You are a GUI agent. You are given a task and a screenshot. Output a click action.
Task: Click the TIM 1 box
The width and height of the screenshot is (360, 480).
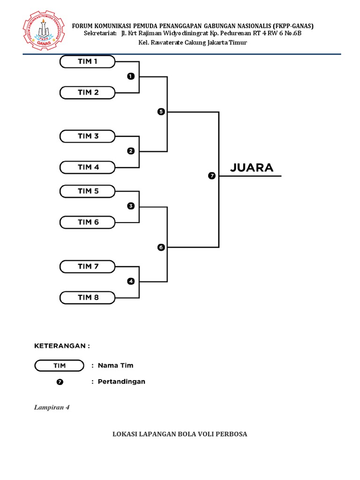pyautogui.click(x=87, y=61)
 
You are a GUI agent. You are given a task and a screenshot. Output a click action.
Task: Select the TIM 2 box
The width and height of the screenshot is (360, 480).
pyautogui.click(x=87, y=92)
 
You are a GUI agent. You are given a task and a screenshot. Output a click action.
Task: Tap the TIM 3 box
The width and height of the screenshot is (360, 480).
pyautogui.click(x=87, y=136)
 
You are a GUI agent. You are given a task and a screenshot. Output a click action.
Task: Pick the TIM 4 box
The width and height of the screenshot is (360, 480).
pyautogui.click(x=87, y=167)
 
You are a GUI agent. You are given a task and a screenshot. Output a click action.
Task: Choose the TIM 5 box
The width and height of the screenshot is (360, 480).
pyautogui.click(x=87, y=191)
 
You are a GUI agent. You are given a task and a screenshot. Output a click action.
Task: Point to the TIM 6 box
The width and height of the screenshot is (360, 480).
pyautogui.click(x=87, y=222)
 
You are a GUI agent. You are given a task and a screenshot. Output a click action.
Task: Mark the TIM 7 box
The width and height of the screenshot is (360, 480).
pyautogui.click(x=87, y=267)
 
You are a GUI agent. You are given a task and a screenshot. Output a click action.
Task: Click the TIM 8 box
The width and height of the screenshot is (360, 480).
pyautogui.click(x=87, y=298)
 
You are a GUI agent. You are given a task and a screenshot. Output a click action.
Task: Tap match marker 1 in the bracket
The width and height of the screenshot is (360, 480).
pyautogui.click(x=131, y=76)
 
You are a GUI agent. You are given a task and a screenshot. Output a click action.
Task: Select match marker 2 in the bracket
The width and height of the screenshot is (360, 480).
pyautogui.click(x=131, y=151)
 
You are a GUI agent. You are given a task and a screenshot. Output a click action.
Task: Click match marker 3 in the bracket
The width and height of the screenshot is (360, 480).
pyautogui.click(x=131, y=206)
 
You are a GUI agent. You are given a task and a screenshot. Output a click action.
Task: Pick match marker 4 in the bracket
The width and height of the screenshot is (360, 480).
pyautogui.click(x=131, y=281)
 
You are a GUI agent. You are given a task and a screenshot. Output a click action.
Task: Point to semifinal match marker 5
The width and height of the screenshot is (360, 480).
pyautogui.click(x=161, y=112)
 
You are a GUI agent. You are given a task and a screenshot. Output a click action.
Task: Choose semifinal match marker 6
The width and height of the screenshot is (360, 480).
pyautogui.click(x=161, y=247)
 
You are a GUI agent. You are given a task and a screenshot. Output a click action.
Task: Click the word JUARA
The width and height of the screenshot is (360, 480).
pyautogui.click(x=252, y=168)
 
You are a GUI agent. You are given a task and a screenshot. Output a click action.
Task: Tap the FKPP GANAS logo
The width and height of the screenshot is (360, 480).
pyautogui.click(x=44, y=30)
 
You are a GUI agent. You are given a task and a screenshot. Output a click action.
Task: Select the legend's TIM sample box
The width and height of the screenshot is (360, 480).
pyautogui.click(x=59, y=366)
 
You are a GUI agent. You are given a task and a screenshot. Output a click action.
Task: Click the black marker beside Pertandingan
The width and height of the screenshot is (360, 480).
pyautogui.click(x=60, y=382)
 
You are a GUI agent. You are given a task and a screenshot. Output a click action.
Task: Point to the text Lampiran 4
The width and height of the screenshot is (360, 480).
pyautogui.click(x=52, y=407)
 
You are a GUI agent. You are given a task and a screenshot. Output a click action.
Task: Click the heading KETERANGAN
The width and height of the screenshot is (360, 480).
pyautogui.click(x=62, y=346)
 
